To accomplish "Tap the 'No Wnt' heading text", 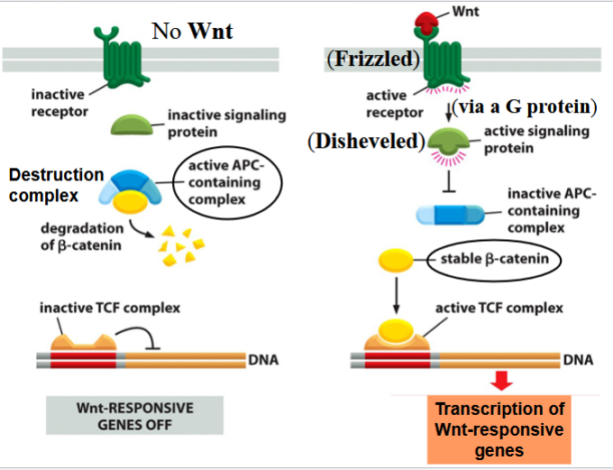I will point(191,33).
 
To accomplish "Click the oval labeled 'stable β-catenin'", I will point(495,262).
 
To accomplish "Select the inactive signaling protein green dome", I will point(134,123).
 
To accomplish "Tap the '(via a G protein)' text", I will point(526,107).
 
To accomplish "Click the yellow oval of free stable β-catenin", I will point(397,262).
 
